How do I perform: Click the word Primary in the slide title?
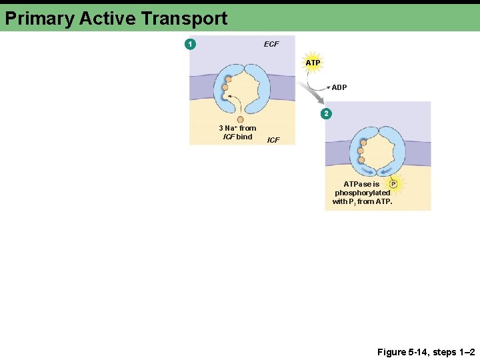[39, 19]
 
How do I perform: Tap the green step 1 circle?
[191, 44]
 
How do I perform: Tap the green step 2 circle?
[326, 113]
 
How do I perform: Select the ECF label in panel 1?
[271, 44]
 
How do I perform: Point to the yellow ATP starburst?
[313, 63]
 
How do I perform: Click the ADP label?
[339, 87]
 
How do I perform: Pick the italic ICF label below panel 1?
[273, 140]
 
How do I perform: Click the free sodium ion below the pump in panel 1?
[240, 120]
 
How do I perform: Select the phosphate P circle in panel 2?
[393, 183]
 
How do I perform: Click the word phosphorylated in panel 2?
[363, 193]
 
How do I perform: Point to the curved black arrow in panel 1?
[232, 103]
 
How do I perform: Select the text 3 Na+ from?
[237, 128]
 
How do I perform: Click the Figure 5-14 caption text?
[426, 351]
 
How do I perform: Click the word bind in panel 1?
[245, 137]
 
